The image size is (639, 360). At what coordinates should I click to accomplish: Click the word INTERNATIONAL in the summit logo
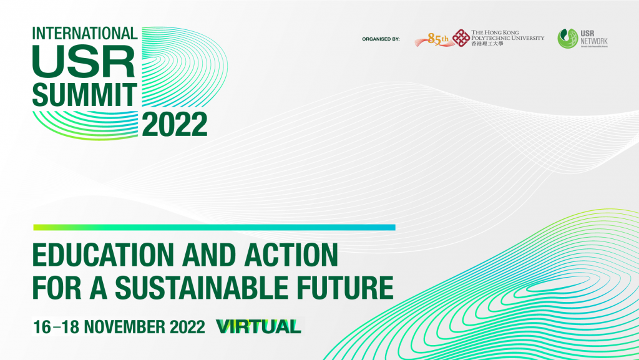[x=84, y=32]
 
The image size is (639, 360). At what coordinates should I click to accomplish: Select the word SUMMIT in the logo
[x=84, y=94]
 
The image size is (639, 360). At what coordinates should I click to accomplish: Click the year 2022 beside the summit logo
[x=175, y=125]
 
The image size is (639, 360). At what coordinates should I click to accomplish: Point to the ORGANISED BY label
[x=381, y=39]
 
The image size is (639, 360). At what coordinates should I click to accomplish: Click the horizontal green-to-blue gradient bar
[x=214, y=227]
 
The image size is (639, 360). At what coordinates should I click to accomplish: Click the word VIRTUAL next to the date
[x=258, y=326]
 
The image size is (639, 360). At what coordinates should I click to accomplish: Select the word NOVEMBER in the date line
[x=121, y=326]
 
